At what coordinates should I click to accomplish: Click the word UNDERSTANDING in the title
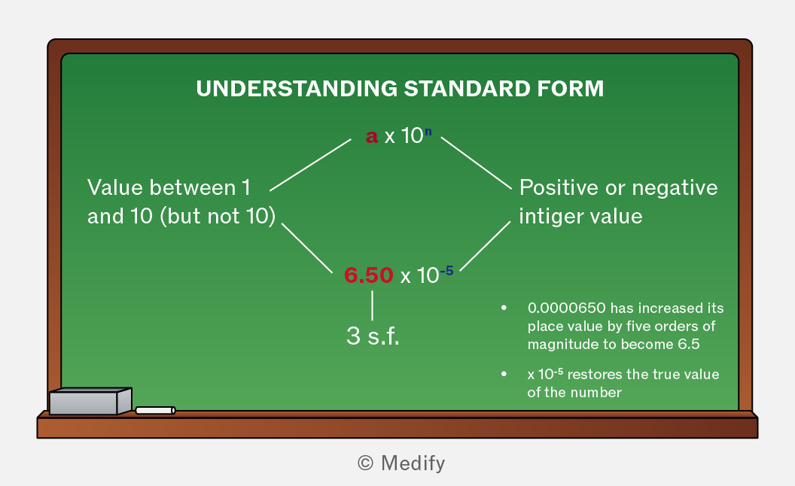click(297, 89)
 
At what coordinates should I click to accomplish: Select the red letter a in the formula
click(372, 136)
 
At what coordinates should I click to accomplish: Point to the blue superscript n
click(428, 132)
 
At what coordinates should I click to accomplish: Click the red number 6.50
click(369, 275)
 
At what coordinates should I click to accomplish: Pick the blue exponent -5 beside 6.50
click(446, 271)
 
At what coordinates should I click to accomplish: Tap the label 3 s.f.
click(373, 336)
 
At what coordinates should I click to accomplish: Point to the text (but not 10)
click(218, 217)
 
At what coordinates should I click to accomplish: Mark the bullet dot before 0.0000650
click(504, 308)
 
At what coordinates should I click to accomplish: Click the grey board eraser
click(90, 402)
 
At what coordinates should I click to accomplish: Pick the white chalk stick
click(156, 410)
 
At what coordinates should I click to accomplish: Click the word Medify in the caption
click(413, 463)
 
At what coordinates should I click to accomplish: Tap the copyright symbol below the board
click(365, 463)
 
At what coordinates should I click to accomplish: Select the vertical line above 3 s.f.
click(372, 305)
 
